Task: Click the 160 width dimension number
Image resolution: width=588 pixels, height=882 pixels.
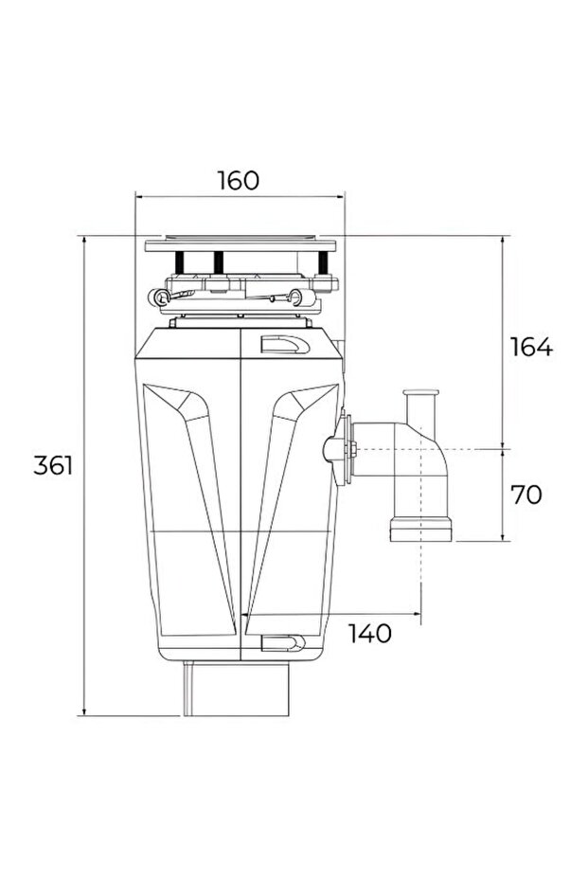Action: (238, 180)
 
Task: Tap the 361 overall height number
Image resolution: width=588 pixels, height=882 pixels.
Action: (53, 465)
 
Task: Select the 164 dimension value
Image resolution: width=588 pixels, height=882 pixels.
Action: (530, 347)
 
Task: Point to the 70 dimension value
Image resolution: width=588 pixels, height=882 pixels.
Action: (526, 495)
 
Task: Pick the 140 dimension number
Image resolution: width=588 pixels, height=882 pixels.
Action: (369, 634)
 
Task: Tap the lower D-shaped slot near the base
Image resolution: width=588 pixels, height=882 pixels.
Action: (283, 644)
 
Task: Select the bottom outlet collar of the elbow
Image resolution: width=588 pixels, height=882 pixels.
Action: (420, 529)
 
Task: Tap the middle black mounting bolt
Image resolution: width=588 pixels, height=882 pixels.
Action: (219, 263)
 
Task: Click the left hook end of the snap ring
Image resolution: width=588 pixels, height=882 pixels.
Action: (157, 297)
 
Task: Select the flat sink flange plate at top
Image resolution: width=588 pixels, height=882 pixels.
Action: (241, 245)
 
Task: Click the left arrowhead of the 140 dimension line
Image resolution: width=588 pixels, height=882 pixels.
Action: (249, 614)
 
